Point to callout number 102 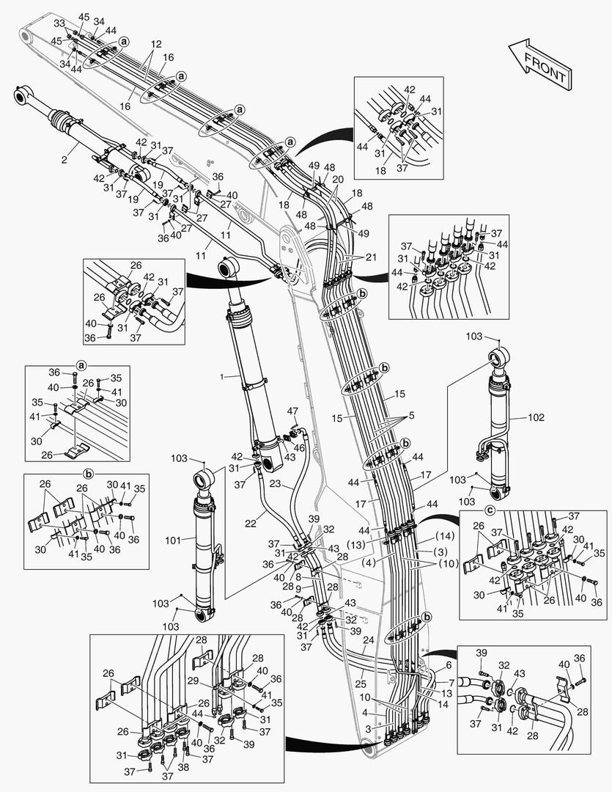click(x=537, y=418)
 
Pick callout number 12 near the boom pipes click(x=155, y=44)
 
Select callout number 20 click(x=337, y=178)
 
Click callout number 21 click(x=371, y=257)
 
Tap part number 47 click(x=292, y=411)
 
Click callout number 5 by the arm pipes click(x=412, y=414)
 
